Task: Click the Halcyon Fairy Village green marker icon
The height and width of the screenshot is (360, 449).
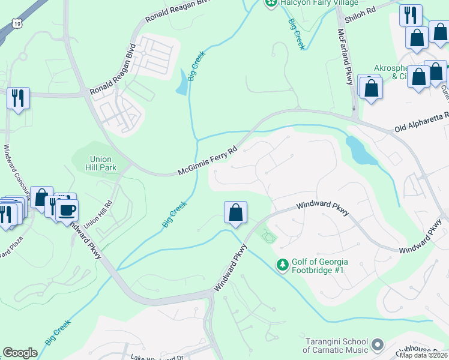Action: (x=271, y=4)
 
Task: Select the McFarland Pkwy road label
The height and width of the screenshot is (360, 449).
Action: (x=345, y=57)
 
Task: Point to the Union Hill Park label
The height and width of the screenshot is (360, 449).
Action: (x=102, y=163)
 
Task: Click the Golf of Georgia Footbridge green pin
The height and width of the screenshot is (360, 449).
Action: (x=282, y=264)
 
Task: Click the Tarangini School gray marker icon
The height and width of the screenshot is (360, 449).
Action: (x=378, y=344)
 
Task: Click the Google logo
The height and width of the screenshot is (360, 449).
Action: (x=20, y=353)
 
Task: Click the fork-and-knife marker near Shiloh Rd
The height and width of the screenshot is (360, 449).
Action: (x=411, y=15)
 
